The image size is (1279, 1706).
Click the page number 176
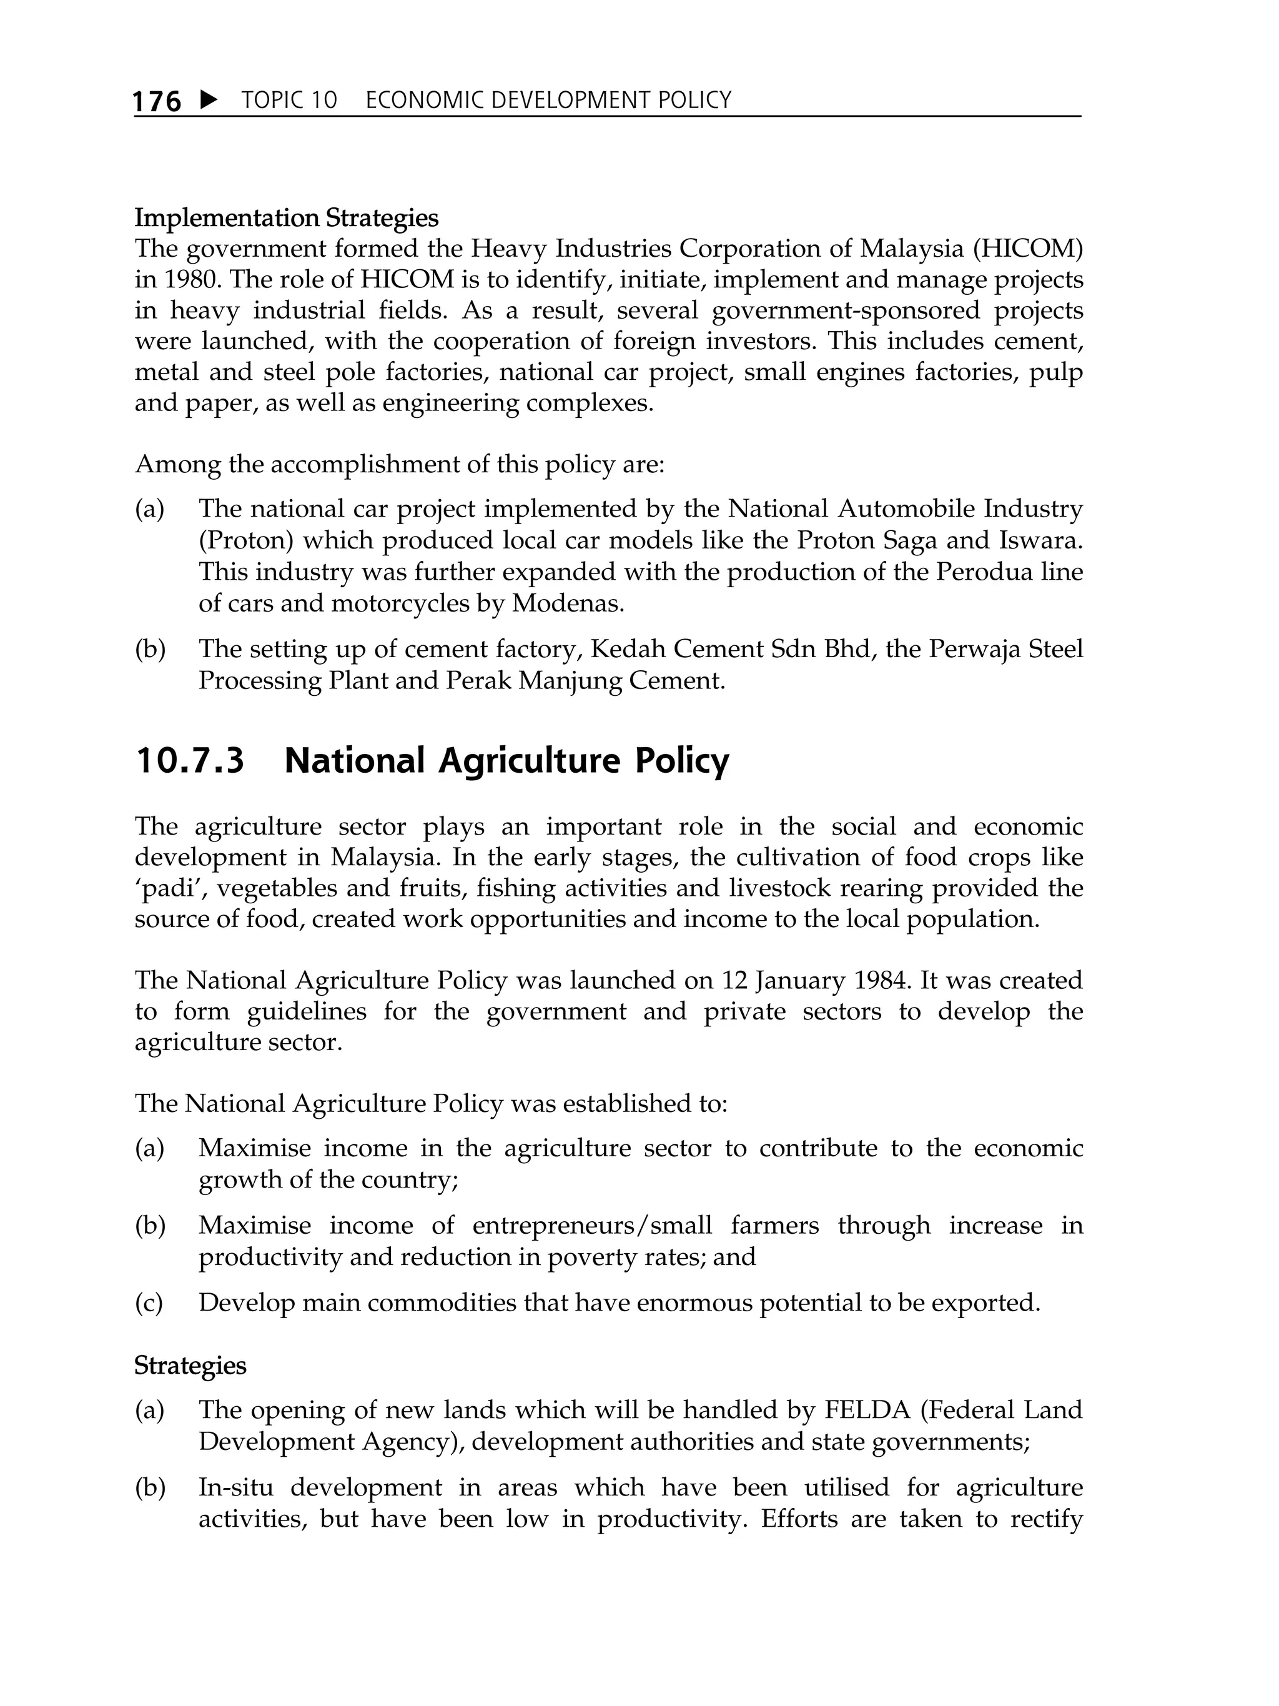(x=157, y=101)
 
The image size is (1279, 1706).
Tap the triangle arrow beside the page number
(x=208, y=99)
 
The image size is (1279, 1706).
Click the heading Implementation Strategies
(x=286, y=218)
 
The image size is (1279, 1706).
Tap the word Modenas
(x=568, y=602)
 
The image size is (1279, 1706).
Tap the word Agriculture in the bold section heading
(x=529, y=760)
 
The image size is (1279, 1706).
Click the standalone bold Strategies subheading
(x=190, y=1365)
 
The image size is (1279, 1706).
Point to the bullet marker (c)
(x=149, y=1302)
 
